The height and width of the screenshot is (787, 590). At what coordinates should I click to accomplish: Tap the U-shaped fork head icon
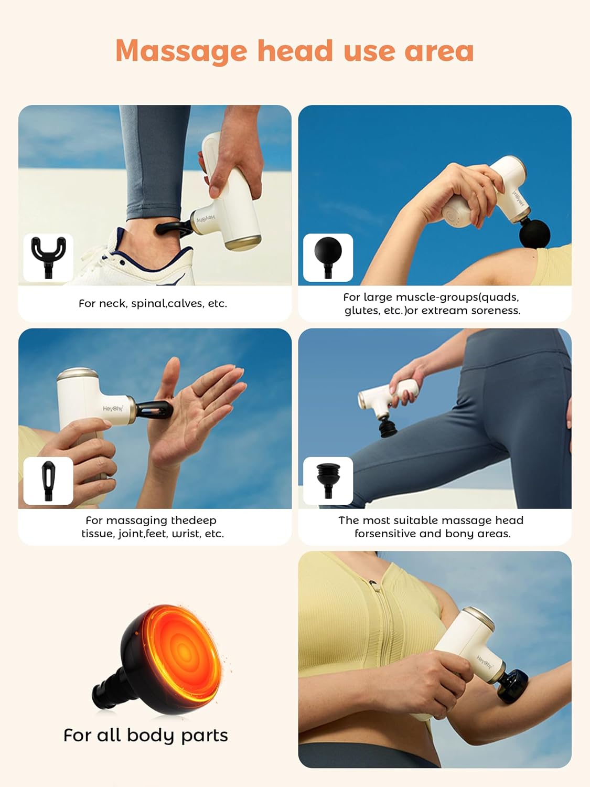(x=48, y=257)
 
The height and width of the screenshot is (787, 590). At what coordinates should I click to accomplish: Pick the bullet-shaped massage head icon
(x=48, y=480)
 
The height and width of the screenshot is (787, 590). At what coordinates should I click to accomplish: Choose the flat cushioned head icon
(x=328, y=480)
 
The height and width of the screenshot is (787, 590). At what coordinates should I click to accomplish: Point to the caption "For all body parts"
(x=146, y=736)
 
